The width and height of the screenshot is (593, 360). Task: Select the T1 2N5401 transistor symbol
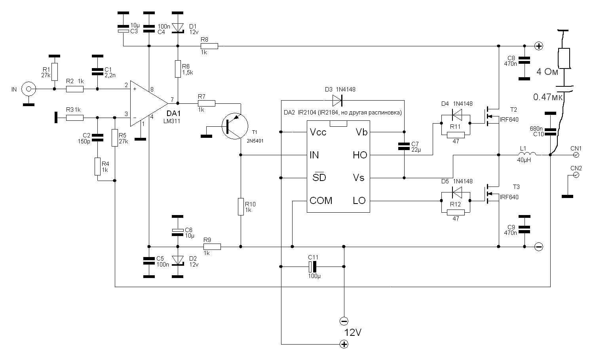click(x=235, y=126)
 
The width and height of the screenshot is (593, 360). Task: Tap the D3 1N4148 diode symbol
click(x=337, y=101)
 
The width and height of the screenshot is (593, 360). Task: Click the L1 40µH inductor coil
click(x=527, y=154)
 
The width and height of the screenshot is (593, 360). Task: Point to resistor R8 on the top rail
click(x=209, y=46)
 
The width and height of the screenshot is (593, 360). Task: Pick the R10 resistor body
click(x=241, y=207)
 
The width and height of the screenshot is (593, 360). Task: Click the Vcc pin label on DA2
click(x=318, y=132)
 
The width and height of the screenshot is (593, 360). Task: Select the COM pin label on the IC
click(x=321, y=200)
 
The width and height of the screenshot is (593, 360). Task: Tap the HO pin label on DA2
click(x=360, y=155)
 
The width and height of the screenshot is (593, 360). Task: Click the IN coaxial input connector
click(x=29, y=89)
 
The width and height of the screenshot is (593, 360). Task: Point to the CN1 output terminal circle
click(x=576, y=155)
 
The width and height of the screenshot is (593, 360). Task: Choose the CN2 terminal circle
click(x=576, y=175)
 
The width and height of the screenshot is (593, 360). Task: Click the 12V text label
click(x=353, y=332)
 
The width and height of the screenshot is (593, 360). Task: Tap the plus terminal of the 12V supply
click(x=344, y=345)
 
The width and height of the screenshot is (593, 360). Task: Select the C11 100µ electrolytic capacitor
click(x=313, y=267)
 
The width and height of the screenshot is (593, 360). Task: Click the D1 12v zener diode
click(x=178, y=28)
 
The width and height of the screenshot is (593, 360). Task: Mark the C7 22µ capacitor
click(x=404, y=146)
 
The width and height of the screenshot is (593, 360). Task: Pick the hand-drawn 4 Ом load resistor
click(x=564, y=58)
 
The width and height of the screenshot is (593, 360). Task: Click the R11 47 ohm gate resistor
click(x=456, y=135)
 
